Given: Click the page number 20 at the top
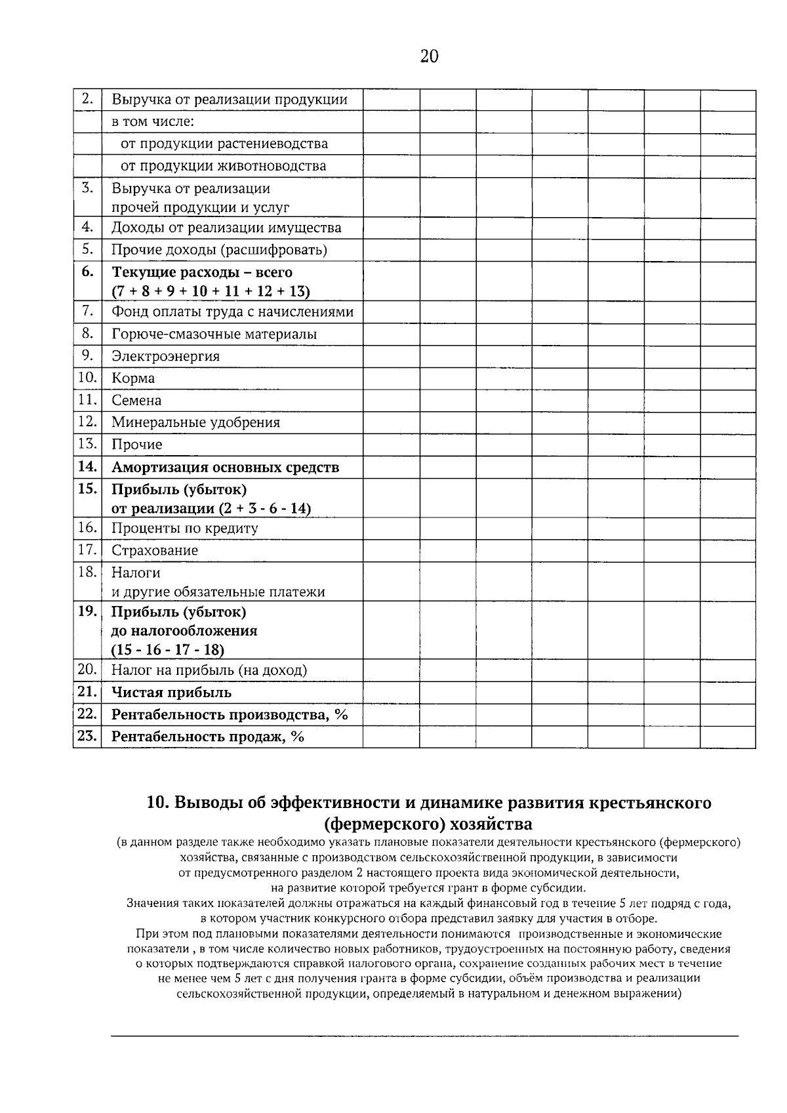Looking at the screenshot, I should tap(428, 56).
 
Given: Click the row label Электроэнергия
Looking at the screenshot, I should tap(165, 356).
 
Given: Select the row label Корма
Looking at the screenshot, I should tap(133, 378).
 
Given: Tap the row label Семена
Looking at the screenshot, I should tap(136, 400).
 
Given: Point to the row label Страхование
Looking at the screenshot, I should tap(154, 550).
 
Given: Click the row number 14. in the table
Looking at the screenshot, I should tap(87, 466).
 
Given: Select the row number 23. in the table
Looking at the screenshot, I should tap(87, 736).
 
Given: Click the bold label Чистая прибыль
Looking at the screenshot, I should tap(171, 693).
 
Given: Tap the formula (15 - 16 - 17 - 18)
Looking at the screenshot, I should tap(168, 650).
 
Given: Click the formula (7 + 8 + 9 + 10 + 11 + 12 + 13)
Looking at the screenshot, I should tap(211, 291).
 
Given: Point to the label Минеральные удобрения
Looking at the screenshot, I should tap(195, 422).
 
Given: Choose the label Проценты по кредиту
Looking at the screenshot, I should tap(184, 528).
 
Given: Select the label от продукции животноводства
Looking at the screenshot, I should tap(223, 166).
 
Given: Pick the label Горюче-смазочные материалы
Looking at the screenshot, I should tap(214, 334).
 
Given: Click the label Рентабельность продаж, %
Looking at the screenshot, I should tap(207, 737).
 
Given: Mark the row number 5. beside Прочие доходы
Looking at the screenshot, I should tap(87, 249).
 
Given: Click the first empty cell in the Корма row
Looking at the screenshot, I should tap(391, 378).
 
